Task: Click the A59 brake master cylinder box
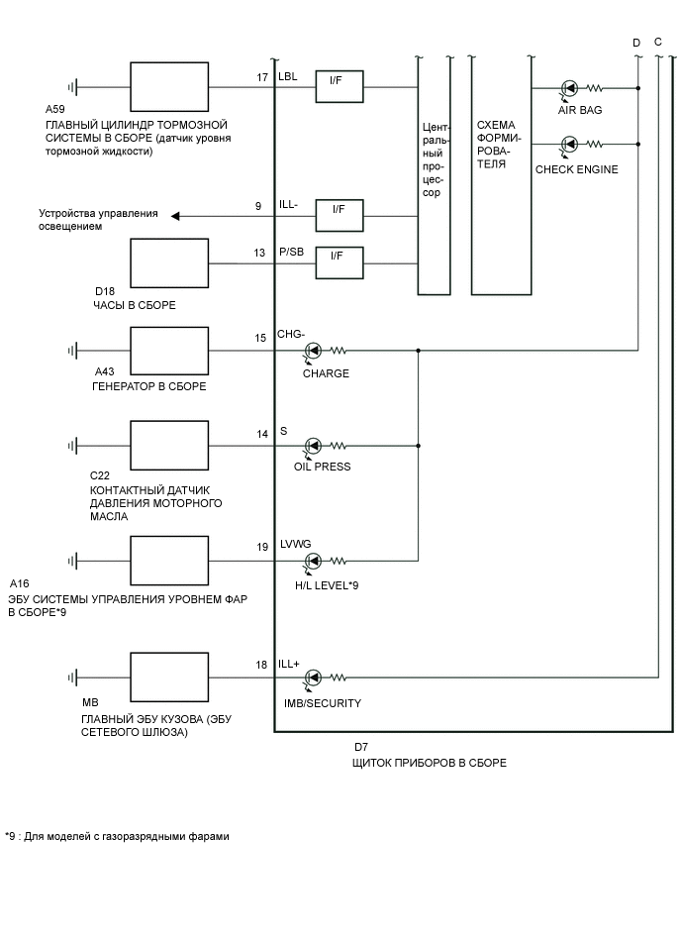169,87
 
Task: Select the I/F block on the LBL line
339,87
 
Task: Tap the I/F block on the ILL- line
339,215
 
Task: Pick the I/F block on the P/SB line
339,263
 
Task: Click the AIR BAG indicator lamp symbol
569,87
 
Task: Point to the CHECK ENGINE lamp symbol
569,145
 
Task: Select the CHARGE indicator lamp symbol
313,351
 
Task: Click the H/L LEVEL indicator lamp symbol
313,561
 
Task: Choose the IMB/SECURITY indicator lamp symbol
313,678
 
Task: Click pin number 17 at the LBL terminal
262,77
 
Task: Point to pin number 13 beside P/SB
259,254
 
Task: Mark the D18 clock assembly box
169,262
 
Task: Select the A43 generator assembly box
169,351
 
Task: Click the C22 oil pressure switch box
169,445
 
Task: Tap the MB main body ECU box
169,678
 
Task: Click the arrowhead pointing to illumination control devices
176,215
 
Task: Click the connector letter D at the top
636,43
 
